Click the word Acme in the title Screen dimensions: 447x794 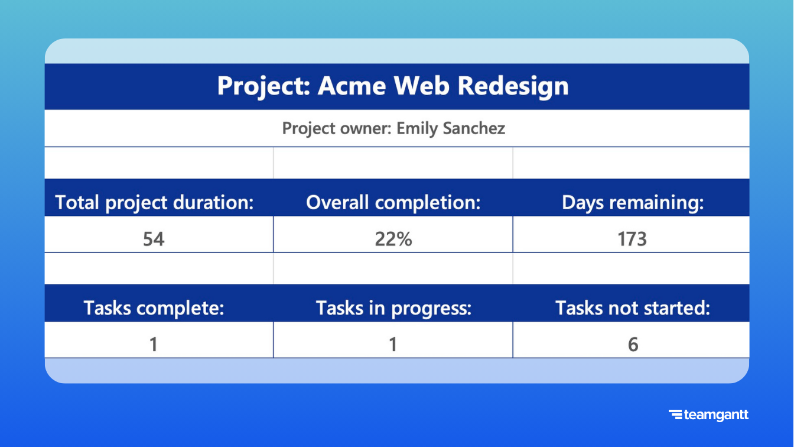(352, 86)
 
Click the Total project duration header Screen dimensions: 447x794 (154, 203)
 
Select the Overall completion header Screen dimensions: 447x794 (393, 203)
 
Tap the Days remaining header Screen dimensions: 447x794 (633, 203)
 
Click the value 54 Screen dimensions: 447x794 (154, 239)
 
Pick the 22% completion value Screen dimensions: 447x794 (393, 239)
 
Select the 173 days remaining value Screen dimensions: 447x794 (632, 239)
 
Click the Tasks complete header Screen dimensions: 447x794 (154, 308)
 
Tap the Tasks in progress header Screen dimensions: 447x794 (393, 308)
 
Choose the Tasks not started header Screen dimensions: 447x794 (633, 308)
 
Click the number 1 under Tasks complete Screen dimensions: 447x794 (154, 344)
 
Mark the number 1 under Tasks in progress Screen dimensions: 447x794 (393, 344)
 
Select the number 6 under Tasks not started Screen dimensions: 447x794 (633, 344)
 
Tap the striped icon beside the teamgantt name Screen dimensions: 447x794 (675, 415)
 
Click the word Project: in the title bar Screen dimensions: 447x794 (263, 86)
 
